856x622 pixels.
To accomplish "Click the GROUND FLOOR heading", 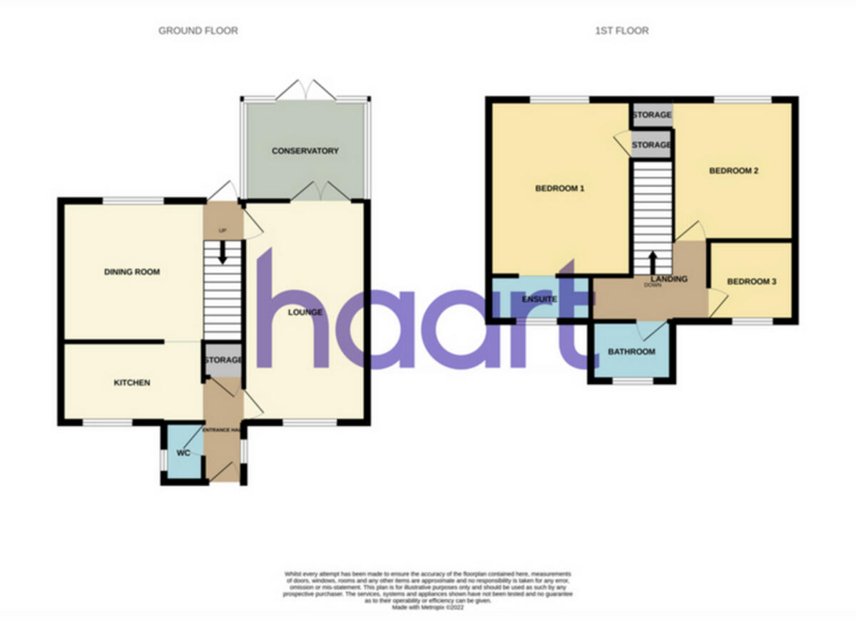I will (x=198, y=31).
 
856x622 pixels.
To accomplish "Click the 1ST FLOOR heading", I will (x=621, y=31).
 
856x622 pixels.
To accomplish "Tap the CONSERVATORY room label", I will (x=305, y=151).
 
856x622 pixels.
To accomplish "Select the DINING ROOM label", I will (x=132, y=272).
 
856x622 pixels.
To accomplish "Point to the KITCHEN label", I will (x=133, y=383).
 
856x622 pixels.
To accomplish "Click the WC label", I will (x=183, y=452).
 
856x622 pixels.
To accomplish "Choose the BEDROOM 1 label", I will (x=560, y=189).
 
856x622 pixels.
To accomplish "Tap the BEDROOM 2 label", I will (x=733, y=171).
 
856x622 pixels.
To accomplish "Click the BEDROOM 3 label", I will (x=751, y=282).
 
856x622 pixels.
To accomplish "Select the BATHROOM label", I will (x=631, y=352).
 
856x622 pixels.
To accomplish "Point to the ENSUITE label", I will (x=539, y=300).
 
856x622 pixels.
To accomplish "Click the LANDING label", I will (x=668, y=279).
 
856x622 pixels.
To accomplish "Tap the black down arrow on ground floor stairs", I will (x=223, y=253).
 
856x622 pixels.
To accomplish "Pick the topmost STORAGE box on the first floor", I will (x=651, y=115).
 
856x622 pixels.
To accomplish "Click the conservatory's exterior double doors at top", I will (x=305, y=90).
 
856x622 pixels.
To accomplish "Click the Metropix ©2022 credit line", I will (x=427, y=607).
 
